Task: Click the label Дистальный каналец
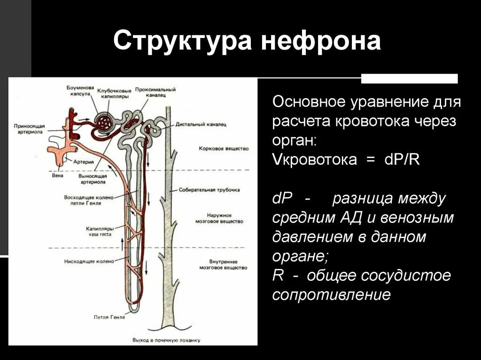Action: pyautogui.click(x=201, y=125)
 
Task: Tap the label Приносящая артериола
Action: pyautogui.click(x=29, y=130)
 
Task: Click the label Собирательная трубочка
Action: pyautogui.click(x=209, y=190)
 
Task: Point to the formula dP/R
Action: pyautogui.click(x=402, y=160)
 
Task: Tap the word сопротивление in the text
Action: pyautogui.click(x=332, y=295)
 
